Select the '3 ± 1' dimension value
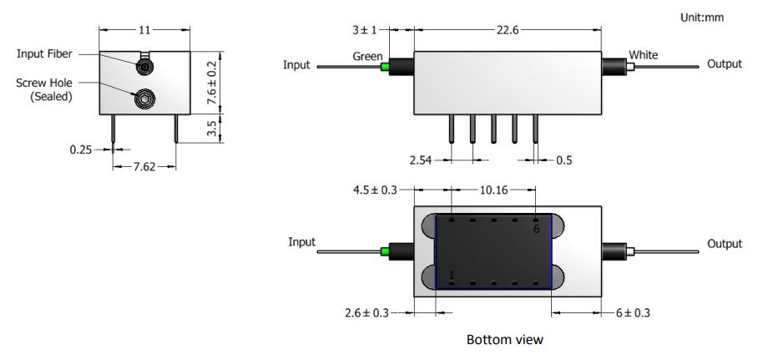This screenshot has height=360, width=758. (x=365, y=31)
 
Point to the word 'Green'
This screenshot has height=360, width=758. (x=367, y=58)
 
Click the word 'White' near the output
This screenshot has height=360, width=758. (x=643, y=56)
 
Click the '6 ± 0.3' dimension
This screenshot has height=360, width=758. (x=631, y=312)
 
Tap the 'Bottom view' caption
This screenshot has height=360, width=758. (x=505, y=340)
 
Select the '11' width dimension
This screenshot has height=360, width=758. (x=144, y=29)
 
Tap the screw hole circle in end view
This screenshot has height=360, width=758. (x=144, y=99)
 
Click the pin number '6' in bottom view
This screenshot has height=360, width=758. (x=537, y=229)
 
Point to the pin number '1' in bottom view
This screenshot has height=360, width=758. (x=452, y=275)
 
